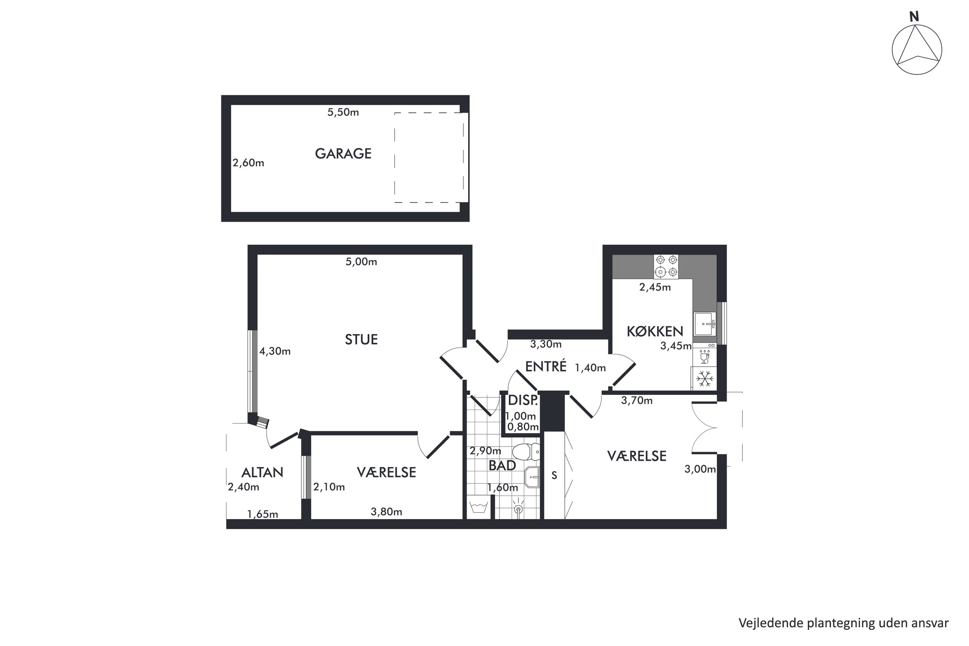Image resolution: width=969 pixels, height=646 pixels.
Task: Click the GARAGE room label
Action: point(343,154)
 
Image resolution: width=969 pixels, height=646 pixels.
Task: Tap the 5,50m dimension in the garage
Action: point(343,112)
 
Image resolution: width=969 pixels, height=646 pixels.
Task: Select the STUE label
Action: point(361,339)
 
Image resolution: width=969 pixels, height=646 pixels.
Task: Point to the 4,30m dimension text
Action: point(275,351)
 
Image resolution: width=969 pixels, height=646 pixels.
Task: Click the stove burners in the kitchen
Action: point(666,266)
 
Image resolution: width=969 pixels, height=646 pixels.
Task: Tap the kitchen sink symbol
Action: point(705,324)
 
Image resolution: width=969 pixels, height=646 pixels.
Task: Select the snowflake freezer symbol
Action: point(705,379)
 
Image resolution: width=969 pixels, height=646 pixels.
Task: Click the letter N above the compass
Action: point(914,16)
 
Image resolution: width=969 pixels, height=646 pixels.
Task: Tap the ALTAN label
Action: point(262,473)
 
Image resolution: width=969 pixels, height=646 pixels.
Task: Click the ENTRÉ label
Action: point(546,366)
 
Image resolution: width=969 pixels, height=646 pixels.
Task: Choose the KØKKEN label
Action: point(655,331)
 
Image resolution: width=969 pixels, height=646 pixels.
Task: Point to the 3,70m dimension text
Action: point(637,401)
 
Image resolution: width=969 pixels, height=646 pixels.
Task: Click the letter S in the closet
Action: point(555,475)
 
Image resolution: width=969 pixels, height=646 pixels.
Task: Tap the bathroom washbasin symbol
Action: point(532,477)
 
